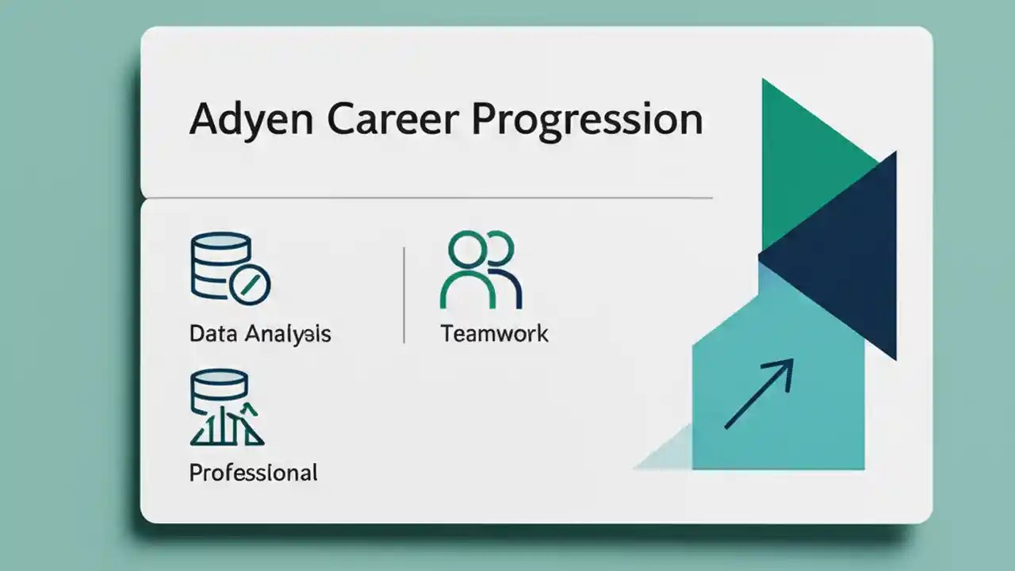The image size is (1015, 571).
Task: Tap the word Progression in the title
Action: (588, 120)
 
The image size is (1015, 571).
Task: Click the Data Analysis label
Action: (260, 333)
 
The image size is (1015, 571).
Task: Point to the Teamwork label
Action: (494, 333)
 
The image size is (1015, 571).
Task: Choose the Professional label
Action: (253, 473)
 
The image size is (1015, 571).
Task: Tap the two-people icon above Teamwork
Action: (481, 270)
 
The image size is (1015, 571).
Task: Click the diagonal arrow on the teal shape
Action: (758, 394)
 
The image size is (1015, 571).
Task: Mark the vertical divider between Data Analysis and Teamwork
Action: (404, 295)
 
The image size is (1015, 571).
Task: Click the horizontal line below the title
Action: (428, 197)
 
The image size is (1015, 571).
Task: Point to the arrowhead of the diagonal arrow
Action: (785, 367)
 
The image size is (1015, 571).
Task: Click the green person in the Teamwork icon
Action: (468, 274)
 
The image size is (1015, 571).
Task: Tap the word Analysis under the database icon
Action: (288, 333)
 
